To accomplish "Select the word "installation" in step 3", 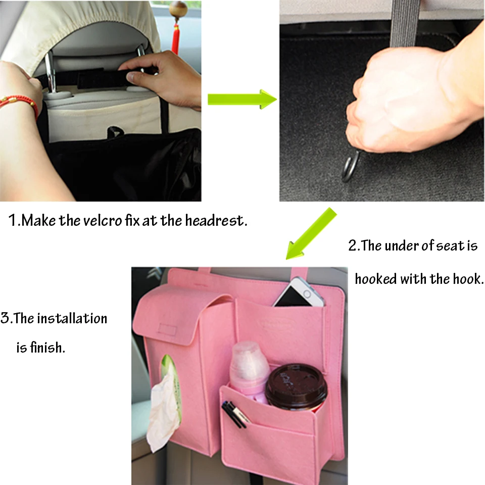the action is pos(72,318).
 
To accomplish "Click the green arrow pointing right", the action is pos(242,100).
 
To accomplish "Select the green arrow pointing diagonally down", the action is pos(311,233).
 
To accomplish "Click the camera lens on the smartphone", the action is pos(307,294).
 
